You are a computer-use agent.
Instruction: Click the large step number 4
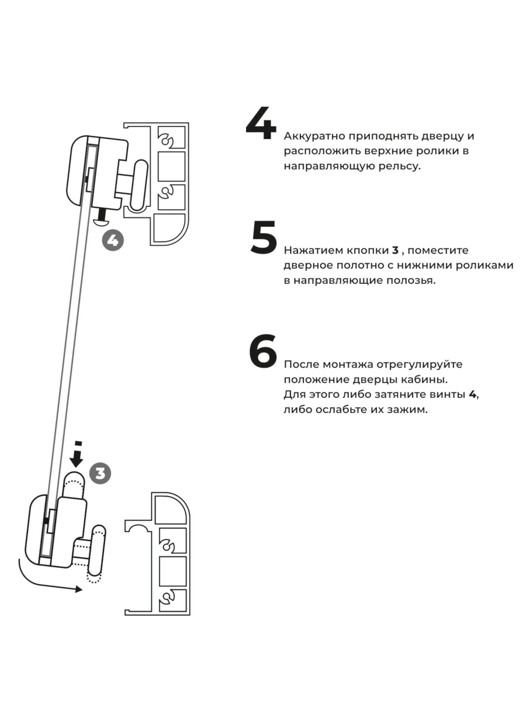click(260, 124)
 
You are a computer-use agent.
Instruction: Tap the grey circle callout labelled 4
click(113, 240)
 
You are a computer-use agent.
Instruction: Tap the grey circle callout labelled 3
click(101, 473)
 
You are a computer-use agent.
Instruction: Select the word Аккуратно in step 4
click(315, 137)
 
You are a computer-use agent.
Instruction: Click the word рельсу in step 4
click(400, 166)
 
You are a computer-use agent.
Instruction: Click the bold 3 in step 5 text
click(395, 251)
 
